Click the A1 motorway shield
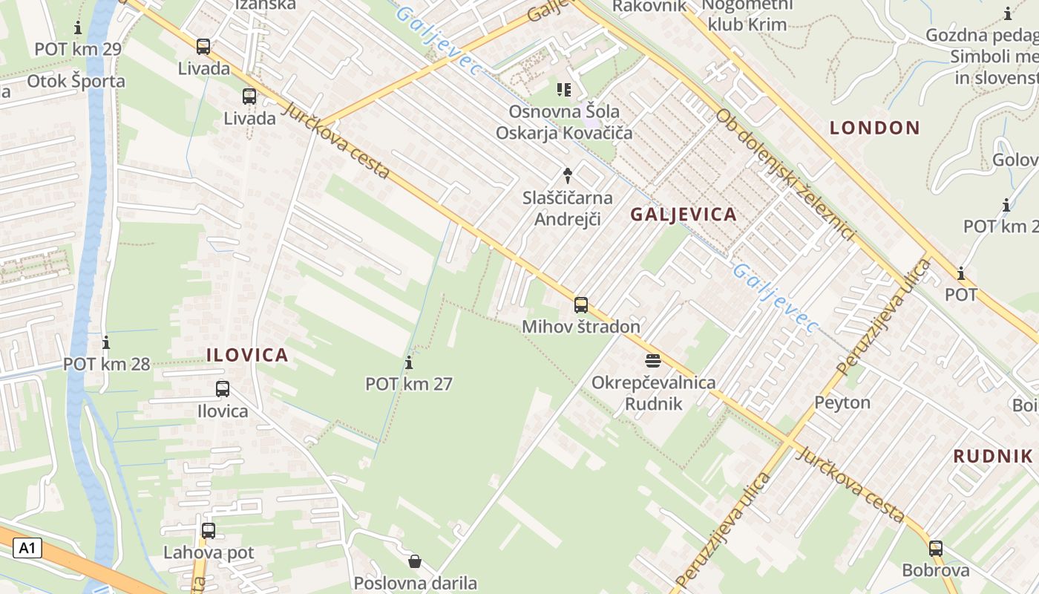pos(27,549)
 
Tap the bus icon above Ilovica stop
pos(223,388)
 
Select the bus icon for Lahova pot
pos(209,531)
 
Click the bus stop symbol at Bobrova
pos(936,549)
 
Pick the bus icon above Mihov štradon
pos(581,304)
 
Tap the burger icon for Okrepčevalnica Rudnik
pos(653,361)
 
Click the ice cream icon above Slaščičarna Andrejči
pos(568,176)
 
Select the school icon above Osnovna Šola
pos(564,90)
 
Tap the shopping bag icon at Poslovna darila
pos(415,561)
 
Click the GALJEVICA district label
pos(684,215)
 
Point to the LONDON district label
pos(874,128)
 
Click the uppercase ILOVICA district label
pos(247,355)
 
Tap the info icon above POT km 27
pos(409,362)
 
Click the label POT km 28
pos(106,364)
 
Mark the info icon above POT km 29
pos(78,28)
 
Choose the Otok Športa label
pos(76,81)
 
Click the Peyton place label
pos(842,402)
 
